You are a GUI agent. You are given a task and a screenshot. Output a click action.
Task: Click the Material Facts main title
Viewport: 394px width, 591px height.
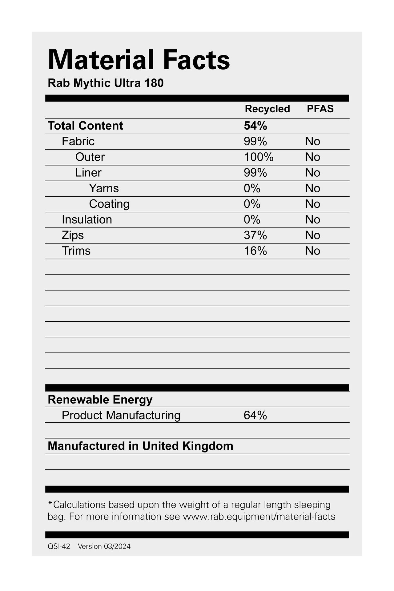click(x=139, y=60)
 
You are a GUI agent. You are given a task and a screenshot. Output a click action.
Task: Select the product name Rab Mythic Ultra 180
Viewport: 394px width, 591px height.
click(x=106, y=83)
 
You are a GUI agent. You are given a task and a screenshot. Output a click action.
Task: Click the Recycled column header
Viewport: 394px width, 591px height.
click(x=267, y=109)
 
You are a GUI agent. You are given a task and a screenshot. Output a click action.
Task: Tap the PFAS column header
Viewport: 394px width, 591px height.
click(x=320, y=109)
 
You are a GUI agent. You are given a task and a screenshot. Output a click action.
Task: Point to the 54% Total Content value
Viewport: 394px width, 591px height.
click(x=255, y=126)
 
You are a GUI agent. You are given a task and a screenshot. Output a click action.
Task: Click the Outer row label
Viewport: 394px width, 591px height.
click(x=90, y=157)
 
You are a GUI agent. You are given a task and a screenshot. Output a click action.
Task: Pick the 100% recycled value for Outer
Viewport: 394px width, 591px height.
click(x=259, y=157)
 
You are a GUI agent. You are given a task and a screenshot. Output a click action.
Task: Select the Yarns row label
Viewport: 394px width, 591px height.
click(x=104, y=188)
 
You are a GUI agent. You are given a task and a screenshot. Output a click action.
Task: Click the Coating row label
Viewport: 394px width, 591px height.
click(x=109, y=204)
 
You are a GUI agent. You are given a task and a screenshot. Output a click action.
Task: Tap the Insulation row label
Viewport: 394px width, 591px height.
click(x=87, y=220)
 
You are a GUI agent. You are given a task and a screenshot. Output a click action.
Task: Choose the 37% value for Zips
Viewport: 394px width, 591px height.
click(x=255, y=235)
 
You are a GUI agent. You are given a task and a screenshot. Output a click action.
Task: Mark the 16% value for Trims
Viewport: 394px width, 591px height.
click(x=255, y=251)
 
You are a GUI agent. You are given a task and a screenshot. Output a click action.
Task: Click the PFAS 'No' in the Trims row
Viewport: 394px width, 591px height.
click(x=313, y=251)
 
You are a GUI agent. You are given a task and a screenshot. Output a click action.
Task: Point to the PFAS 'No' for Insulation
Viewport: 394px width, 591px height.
click(x=313, y=220)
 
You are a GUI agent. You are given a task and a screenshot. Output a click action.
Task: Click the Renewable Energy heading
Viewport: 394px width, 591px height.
click(x=100, y=400)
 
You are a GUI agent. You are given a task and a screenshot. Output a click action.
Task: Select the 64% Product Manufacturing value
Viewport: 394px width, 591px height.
click(x=255, y=416)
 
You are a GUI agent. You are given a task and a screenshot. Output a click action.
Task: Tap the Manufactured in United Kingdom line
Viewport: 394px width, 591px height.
click(x=140, y=446)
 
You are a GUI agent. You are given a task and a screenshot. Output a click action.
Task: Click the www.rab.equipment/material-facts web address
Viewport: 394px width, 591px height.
click(x=259, y=516)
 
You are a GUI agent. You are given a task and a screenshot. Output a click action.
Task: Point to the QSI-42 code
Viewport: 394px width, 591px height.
click(x=59, y=546)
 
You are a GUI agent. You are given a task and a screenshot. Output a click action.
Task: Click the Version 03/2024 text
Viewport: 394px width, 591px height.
click(x=104, y=546)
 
